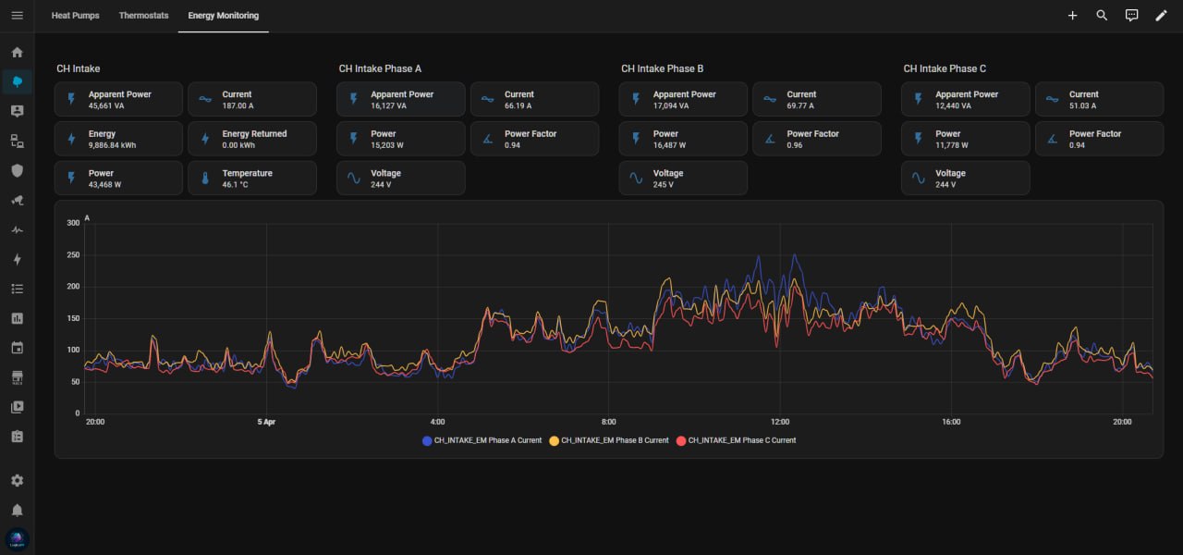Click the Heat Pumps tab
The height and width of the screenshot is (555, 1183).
tap(75, 16)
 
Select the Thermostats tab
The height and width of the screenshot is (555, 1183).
tap(143, 16)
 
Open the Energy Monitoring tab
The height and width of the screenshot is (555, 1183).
tap(223, 16)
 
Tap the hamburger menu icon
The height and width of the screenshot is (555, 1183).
tap(17, 16)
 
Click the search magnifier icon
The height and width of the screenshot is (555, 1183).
tap(1102, 16)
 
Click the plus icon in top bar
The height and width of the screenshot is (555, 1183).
tap(1072, 16)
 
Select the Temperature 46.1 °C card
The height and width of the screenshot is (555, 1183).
tap(252, 178)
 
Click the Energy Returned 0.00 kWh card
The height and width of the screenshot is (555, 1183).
tap(252, 139)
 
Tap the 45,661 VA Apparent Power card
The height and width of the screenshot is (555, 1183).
tap(118, 99)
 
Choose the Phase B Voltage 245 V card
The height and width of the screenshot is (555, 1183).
tap(683, 178)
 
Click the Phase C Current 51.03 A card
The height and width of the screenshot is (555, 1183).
tap(1099, 99)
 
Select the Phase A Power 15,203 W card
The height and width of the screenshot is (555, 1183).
tap(400, 139)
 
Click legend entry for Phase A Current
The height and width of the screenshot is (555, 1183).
tap(482, 440)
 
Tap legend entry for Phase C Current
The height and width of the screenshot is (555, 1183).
tap(736, 440)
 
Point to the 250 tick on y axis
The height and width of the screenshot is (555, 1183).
tap(74, 254)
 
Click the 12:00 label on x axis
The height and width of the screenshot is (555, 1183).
tap(780, 422)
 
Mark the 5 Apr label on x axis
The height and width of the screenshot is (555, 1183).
tap(266, 422)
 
